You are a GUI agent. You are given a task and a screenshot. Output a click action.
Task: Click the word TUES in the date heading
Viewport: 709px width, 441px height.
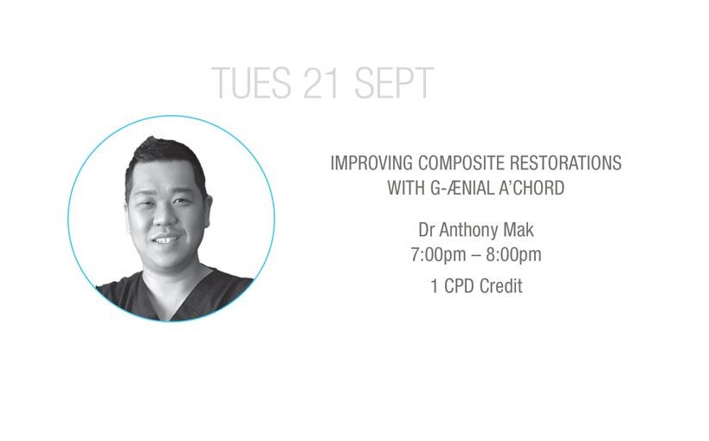(x=251, y=82)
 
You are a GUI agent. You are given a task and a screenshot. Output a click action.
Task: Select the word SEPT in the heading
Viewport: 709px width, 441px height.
(x=394, y=82)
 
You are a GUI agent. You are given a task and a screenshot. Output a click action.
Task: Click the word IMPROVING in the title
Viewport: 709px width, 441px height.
(x=371, y=163)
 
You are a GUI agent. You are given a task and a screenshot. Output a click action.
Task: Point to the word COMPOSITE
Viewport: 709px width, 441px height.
(x=461, y=163)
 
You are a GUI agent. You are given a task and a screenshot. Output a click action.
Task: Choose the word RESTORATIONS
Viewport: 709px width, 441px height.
(x=565, y=163)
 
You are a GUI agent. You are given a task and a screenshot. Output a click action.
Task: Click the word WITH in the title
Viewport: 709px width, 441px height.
(x=406, y=188)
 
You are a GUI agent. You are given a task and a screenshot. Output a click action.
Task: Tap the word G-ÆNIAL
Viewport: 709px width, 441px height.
(x=461, y=188)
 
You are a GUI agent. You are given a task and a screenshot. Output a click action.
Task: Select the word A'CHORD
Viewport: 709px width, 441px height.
(x=532, y=188)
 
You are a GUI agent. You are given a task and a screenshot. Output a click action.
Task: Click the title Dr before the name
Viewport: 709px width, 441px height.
(x=427, y=230)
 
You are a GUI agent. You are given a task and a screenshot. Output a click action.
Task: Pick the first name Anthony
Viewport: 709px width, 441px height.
(x=469, y=231)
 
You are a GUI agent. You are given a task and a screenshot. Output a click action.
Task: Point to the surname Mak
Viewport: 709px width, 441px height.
(x=519, y=230)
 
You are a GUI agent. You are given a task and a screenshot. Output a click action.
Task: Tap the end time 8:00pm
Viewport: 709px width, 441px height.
(x=513, y=255)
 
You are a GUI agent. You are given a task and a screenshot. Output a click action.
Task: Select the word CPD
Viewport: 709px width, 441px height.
(x=460, y=286)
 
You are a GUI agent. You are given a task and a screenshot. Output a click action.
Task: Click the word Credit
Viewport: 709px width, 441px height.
(x=501, y=286)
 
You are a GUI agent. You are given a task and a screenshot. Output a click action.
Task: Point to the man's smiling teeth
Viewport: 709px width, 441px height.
(x=165, y=240)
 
